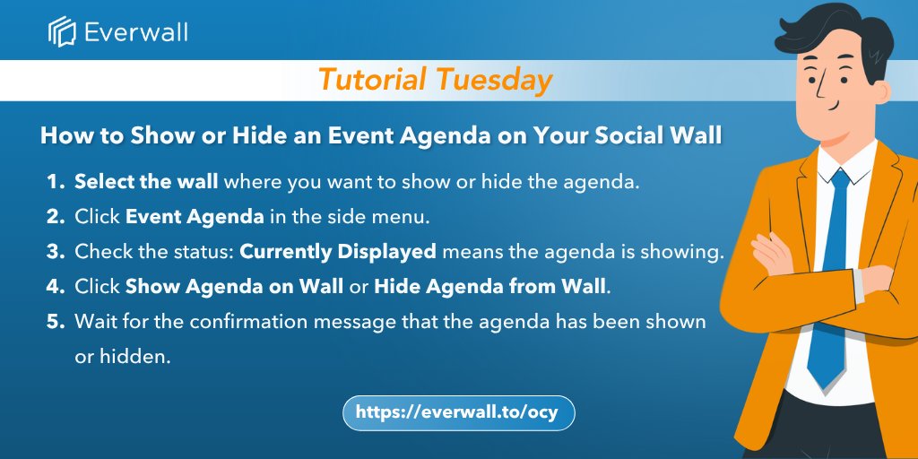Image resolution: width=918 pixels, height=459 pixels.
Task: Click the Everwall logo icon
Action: coord(62,31)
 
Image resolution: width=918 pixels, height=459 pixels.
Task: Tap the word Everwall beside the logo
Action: coord(136,32)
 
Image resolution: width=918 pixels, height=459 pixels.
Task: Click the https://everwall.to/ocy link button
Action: coord(458,412)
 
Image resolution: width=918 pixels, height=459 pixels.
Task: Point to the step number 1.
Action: coord(55,181)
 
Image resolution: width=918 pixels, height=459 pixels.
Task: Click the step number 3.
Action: coord(55,252)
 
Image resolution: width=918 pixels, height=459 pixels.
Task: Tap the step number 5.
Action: coord(55,322)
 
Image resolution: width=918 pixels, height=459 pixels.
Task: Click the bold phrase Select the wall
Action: coord(146,181)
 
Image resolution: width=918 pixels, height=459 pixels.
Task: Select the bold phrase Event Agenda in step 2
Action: coord(195,217)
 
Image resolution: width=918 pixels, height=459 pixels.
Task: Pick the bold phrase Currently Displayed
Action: coord(338,252)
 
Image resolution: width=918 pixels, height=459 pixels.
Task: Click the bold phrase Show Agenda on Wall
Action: coord(235,288)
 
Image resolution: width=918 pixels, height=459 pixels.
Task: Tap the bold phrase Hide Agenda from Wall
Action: coord(489,288)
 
